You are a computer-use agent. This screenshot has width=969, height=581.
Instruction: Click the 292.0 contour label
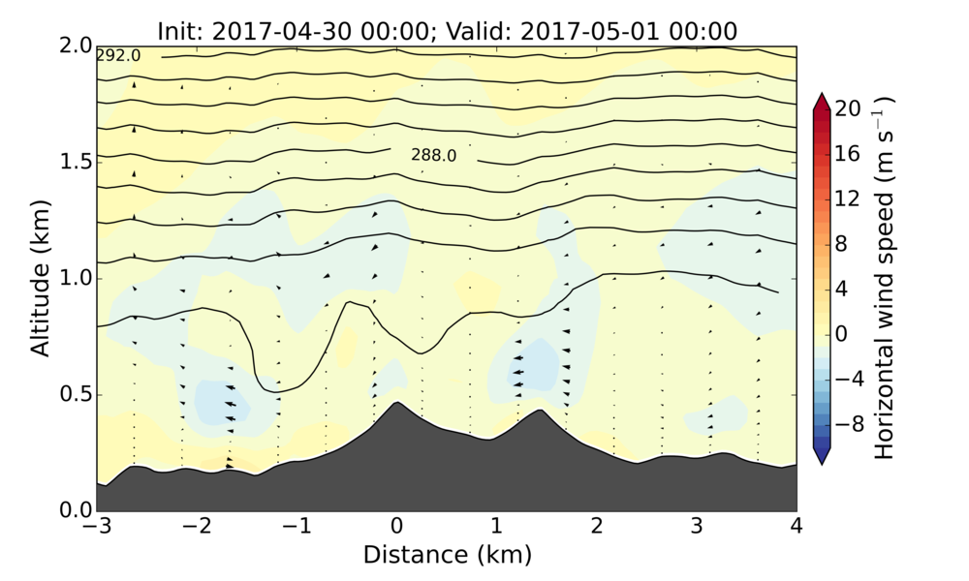[x=118, y=56]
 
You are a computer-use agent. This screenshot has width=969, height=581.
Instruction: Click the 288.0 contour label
[x=433, y=155]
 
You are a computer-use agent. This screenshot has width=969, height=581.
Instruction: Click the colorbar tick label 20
[x=849, y=109]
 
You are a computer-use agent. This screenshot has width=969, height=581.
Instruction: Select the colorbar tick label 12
[x=849, y=199]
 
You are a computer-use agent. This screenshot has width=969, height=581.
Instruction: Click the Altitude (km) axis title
[x=40, y=278]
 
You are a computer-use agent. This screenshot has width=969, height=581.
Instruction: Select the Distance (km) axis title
[x=447, y=555]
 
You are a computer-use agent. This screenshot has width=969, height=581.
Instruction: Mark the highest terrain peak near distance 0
[x=396, y=403]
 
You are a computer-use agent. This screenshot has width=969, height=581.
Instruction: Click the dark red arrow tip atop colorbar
[x=821, y=96]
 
